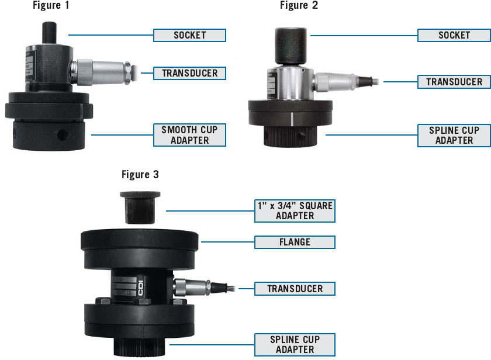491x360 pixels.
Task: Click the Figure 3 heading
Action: (x=140, y=174)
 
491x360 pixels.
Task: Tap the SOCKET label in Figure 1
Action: (x=189, y=35)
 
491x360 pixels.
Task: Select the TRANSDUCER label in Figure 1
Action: (x=189, y=73)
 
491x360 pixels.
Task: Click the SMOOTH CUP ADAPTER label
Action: (x=189, y=134)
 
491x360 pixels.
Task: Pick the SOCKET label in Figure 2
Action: (x=454, y=35)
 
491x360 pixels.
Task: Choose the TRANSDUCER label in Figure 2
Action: (x=454, y=82)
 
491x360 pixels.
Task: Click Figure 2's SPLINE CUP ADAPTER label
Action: (x=454, y=135)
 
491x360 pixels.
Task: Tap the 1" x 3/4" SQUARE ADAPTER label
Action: (x=295, y=210)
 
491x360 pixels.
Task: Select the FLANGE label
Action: (x=295, y=242)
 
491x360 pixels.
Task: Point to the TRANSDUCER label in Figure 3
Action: (x=295, y=288)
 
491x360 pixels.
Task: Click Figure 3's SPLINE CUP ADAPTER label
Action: (x=295, y=344)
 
